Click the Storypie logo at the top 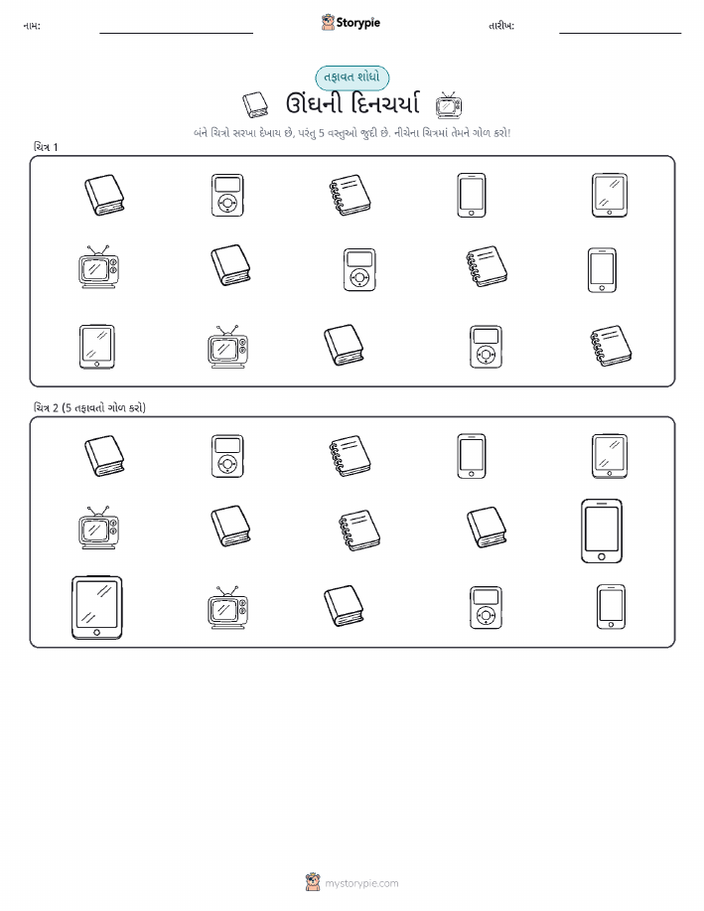pos(351,23)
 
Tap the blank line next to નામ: pos(176,33)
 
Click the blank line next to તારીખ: pos(620,33)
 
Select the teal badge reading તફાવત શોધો pos(352,77)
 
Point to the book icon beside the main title pos(255,104)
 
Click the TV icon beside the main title pos(449,104)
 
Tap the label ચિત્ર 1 pos(46,147)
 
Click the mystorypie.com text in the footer pos(361,883)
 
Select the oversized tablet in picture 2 pos(97,608)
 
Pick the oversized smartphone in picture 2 pos(602,531)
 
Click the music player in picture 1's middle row pos(359,270)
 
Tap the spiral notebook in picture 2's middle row pos(359,531)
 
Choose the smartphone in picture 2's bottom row pos(611,607)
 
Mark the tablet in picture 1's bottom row pos(97,347)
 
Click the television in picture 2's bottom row pos(227,608)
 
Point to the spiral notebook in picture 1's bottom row pos(611,346)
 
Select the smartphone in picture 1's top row pos(472,195)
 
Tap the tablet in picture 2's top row pos(610,456)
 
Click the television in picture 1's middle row pos(98,266)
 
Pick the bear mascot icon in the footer pos(313,882)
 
